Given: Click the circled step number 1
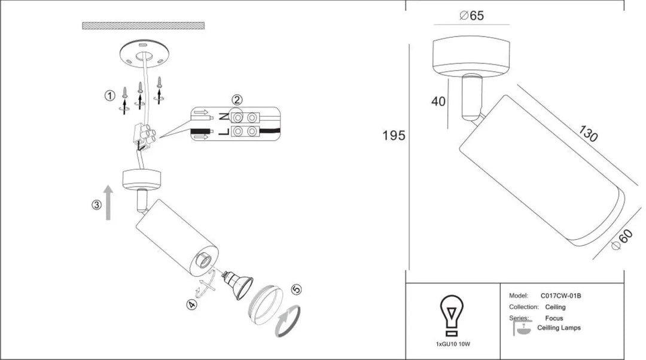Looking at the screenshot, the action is click(x=109, y=96).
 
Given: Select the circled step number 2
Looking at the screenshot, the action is click(x=236, y=100).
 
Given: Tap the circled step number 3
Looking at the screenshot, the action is click(x=96, y=205).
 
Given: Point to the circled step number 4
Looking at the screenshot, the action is click(x=191, y=304).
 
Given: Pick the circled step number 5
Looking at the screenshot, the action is click(x=296, y=289).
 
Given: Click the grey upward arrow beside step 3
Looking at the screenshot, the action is click(x=108, y=202).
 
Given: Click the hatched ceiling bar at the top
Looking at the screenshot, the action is click(x=144, y=26).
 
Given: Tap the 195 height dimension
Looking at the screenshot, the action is click(x=394, y=136).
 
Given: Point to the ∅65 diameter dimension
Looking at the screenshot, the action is click(x=472, y=16).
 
